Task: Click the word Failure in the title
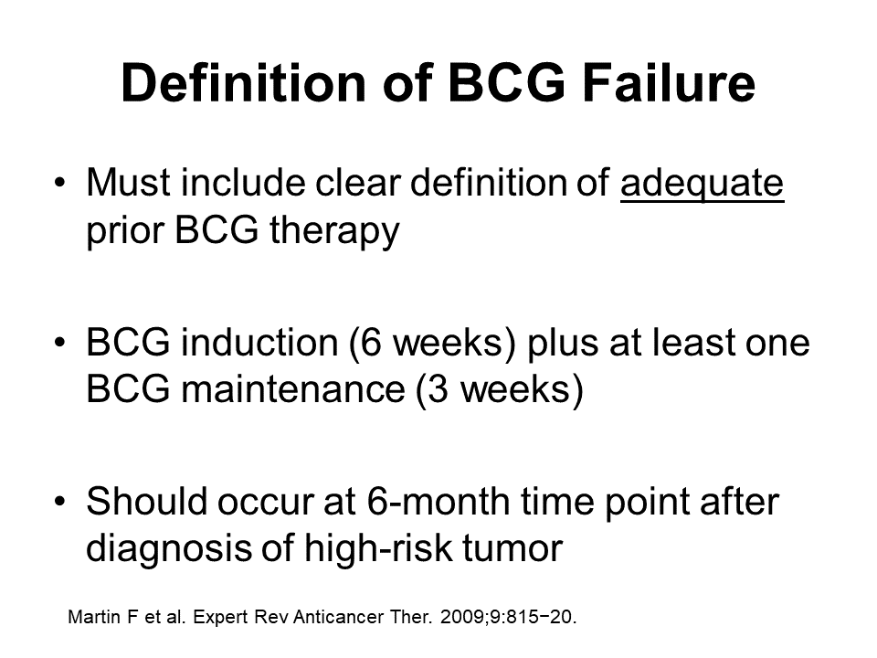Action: click(669, 83)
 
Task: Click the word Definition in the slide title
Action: click(243, 83)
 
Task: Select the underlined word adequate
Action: click(702, 185)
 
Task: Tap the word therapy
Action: click(334, 231)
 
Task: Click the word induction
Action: click(259, 342)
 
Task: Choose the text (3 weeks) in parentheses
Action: click(500, 390)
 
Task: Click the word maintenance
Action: click(293, 389)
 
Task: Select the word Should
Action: click(146, 501)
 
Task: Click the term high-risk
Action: click(378, 547)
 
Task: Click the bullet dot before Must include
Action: click(60, 183)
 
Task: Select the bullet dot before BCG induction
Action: click(60, 343)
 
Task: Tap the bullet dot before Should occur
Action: click(60, 502)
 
